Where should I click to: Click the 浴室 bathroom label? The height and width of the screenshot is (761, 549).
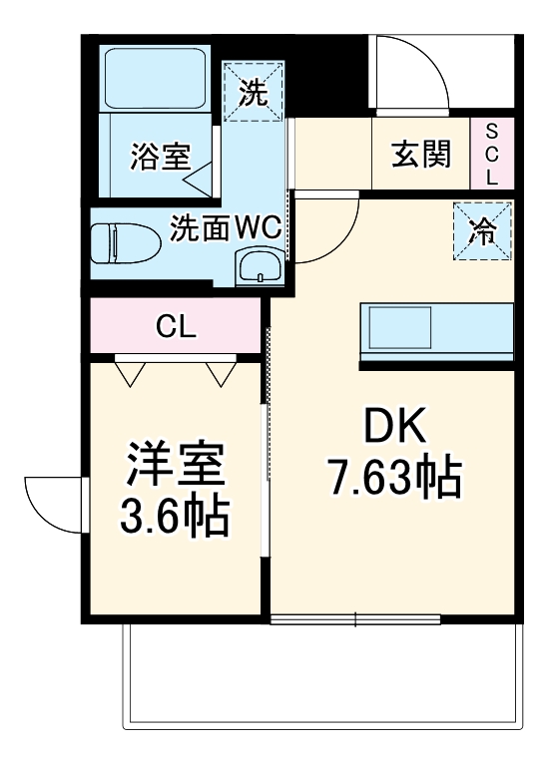point(160,157)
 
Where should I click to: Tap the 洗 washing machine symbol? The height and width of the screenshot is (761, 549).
point(255,94)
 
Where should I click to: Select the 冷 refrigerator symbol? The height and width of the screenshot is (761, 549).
point(483,232)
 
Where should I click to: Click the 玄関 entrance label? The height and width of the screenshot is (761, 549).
point(420,155)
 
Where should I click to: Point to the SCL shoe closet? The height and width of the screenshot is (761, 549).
point(491,155)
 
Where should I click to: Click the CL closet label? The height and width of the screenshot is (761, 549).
point(175,326)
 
